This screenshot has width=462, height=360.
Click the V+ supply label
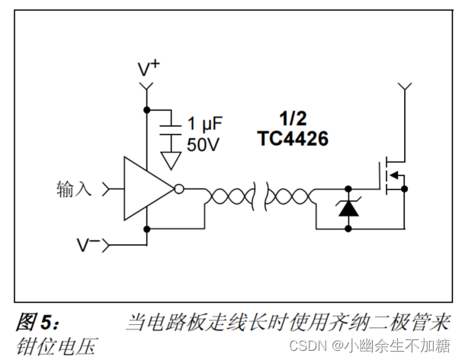148,69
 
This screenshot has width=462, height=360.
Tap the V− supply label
88,245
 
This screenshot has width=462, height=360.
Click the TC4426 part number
292,139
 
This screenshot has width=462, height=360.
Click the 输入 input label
74,188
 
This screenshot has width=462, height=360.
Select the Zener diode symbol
349,207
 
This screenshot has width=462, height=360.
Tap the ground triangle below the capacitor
172,159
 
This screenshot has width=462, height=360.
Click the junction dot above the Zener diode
349,188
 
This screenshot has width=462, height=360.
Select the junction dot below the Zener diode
349,227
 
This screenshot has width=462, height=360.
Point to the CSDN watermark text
310,346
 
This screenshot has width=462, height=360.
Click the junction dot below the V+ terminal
147,109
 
